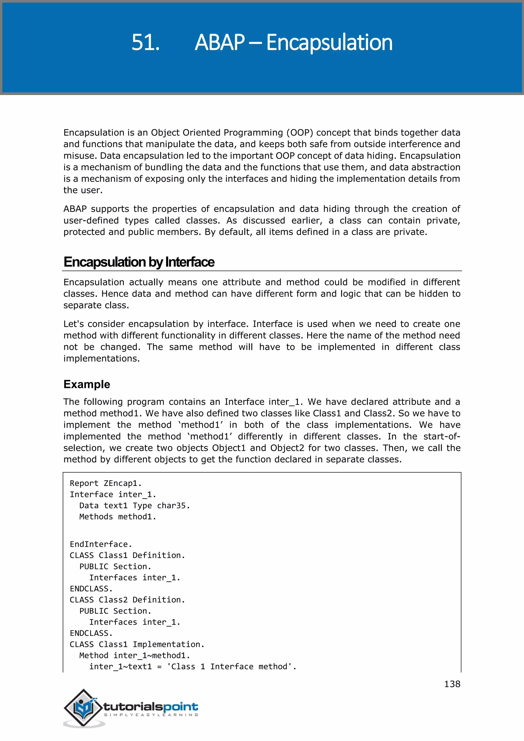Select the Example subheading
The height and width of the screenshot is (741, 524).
coord(87,384)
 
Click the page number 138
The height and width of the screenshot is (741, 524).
coord(452,684)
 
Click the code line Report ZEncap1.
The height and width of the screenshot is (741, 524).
coord(105,483)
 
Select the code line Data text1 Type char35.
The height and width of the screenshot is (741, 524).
coord(135,505)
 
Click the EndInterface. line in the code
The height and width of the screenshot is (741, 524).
coord(101,544)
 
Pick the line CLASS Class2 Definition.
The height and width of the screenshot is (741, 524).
coord(127,600)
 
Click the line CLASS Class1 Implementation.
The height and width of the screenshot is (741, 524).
coord(137,644)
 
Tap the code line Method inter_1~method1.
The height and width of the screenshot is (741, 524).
coord(135,656)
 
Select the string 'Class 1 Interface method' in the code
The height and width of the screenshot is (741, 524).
coord(231,667)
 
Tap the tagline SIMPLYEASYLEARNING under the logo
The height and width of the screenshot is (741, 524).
coord(151,715)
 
